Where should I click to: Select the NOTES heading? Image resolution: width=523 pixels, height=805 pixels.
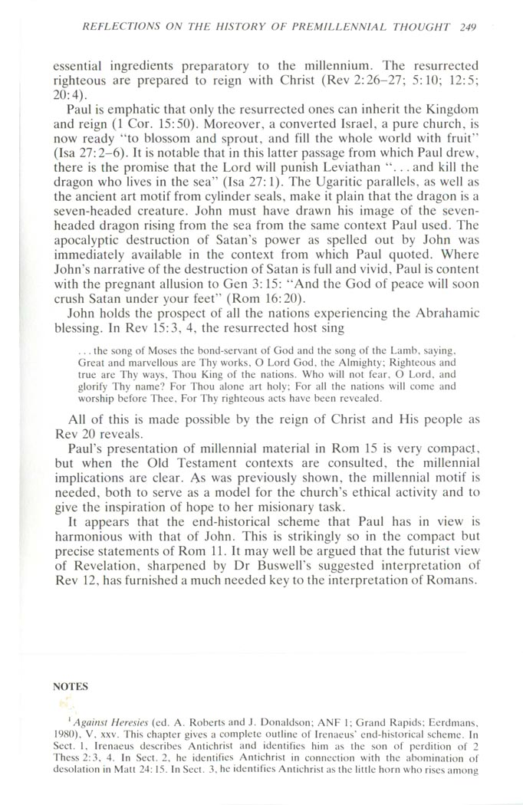pos(71,687)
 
